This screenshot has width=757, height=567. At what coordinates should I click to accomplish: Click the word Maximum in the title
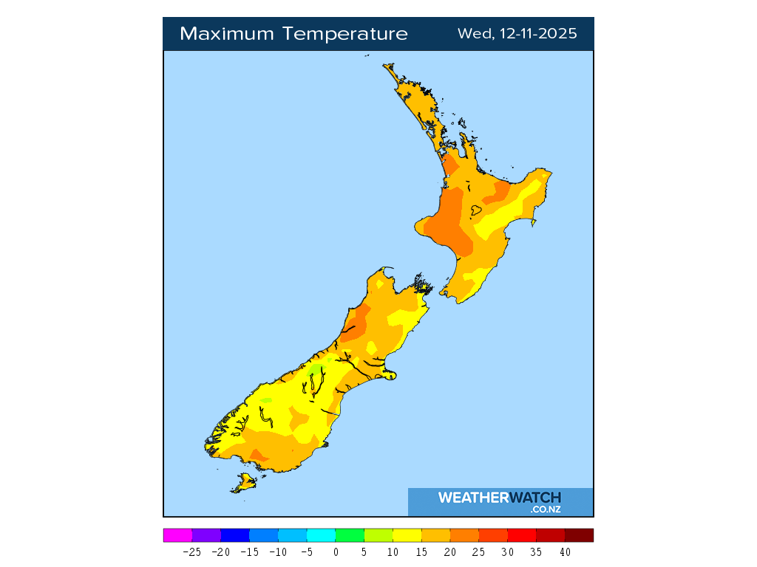pos(226,34)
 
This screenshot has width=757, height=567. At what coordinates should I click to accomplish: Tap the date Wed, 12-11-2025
pos(517,34)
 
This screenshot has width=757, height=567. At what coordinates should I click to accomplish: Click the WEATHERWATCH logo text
pos(499,498)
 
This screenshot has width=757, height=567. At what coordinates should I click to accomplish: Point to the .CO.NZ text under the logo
pos(546,509)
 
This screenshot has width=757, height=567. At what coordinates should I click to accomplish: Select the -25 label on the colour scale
pos(191,551)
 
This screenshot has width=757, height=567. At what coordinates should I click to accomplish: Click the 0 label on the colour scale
pos(336,551)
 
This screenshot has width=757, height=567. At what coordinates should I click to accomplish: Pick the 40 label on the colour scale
pos(565,551)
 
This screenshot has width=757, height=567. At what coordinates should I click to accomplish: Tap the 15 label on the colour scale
pos(421,551)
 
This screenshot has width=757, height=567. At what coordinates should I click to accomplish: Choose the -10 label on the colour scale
pos(278,551)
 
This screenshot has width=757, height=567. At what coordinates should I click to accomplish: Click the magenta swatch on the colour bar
pos(177,535)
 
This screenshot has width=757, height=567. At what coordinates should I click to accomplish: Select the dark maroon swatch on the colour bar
pos(579,535)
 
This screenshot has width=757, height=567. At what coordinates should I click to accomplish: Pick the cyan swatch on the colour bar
pos(321,535)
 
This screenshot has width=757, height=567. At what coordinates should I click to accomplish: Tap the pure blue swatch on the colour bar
pos(235,535)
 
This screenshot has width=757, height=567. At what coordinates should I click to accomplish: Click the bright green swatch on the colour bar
pos(350,535)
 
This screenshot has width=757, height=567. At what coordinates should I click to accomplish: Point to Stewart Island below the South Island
pos(243,483)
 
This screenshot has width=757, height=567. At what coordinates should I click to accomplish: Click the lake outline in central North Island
pos(476,210)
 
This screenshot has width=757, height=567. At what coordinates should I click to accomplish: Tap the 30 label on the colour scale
pos(508,551)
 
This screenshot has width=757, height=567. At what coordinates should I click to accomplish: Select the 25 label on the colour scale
pos(479,551)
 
